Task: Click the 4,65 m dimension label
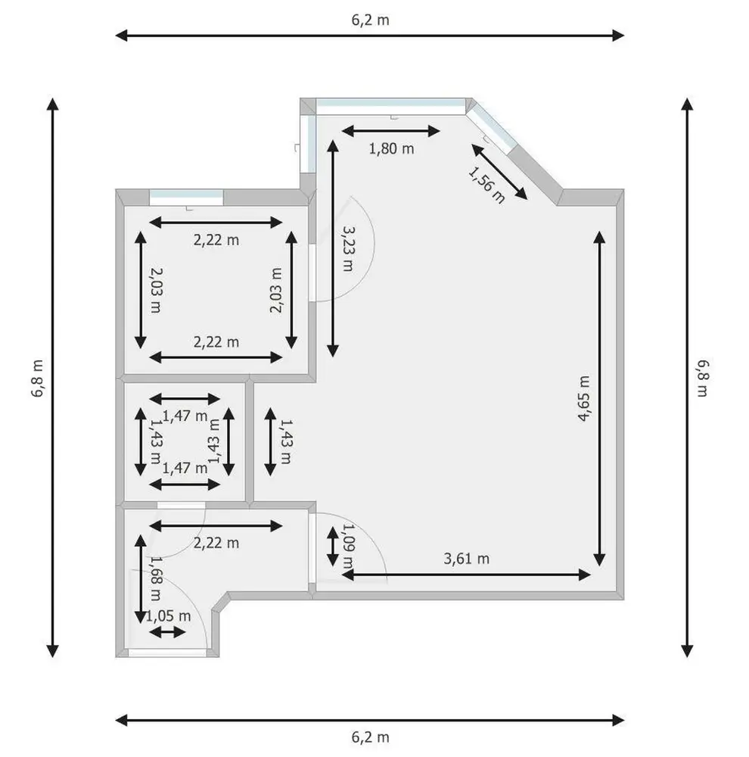pos(584,398)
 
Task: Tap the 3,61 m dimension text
pos(466,559)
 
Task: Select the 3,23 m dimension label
pos(348,248)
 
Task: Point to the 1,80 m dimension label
pos(391,148)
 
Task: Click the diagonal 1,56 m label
pos(486,185)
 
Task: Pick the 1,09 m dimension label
pos(348,546)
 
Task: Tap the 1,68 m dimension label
pos(155,578)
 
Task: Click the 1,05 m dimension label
pos(168,616)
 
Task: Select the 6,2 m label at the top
pos(370,20)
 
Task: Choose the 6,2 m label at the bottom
pos(370,737)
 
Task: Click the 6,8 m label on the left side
pos(38,378)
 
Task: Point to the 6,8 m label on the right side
pos(702,378)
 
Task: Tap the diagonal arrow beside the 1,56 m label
pos(499,171)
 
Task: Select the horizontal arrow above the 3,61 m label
pos(466,575)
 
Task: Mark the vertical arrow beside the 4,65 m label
pos(599,398)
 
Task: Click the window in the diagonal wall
pos(491,128)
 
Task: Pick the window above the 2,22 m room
pos(186,198)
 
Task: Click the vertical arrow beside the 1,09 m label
pos(333,546)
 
